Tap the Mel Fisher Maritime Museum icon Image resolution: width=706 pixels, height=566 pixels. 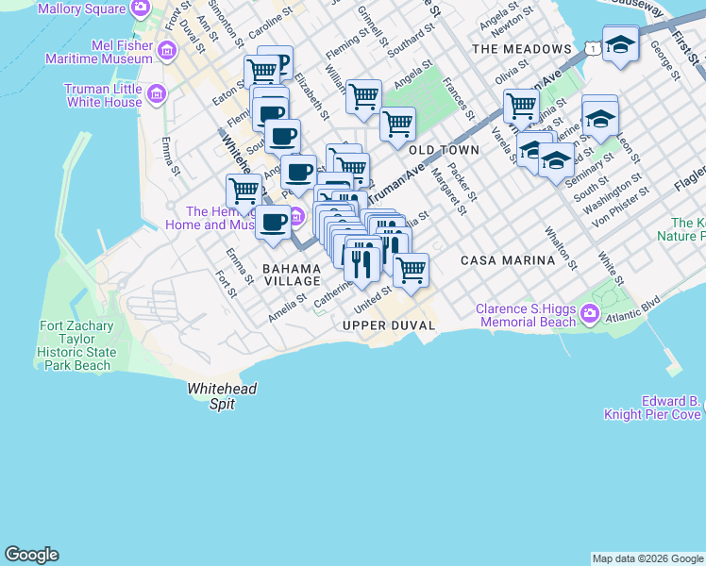pyautogui.click(x=167, y=50)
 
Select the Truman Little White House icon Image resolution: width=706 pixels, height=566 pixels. pyautogui.click(x=157, y=94)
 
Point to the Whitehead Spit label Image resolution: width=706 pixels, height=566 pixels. pyautogui.click(x=222, y=395)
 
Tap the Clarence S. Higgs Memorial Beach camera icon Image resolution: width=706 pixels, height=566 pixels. pyautogui.click(x=591, y=313)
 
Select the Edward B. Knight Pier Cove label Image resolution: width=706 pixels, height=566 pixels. pyautogui.click(x=657, y=408)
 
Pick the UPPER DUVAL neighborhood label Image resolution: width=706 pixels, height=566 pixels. pyautogui.click(x=389, y=325)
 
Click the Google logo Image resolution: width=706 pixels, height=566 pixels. pyautogui.click(x=31, y=555)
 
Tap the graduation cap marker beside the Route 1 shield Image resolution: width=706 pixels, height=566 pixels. pyautogui.click(x=620, y=45)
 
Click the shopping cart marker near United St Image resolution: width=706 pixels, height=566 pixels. pyautogui.click(x=411, y=271)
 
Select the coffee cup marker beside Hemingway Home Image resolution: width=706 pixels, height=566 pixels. pyautogui.click(x=274, y=225)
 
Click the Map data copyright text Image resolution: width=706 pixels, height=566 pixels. pyautogui.click(x=647, y=558)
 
